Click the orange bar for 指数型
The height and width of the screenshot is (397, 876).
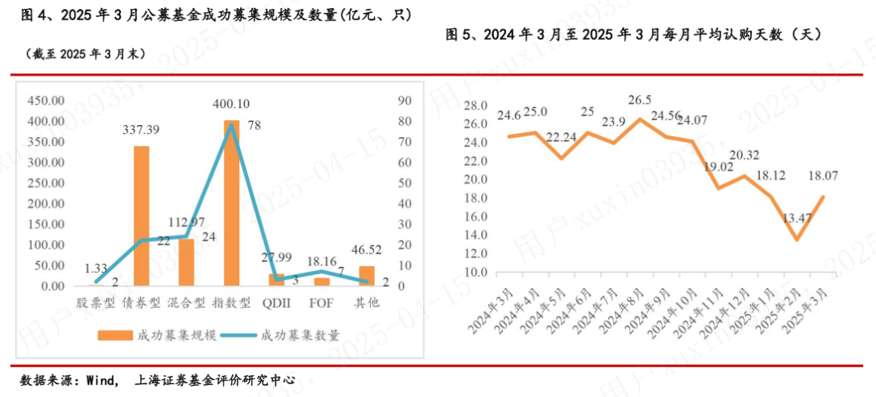pyautogui.click(x=231, y=203)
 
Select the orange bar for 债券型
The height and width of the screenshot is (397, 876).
pyautogui.click(x=141, y=216)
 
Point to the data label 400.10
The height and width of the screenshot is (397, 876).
pyautogui.click(x=231, y=105)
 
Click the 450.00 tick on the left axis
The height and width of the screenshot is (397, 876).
pyautogui.click(x=45, y=101)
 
